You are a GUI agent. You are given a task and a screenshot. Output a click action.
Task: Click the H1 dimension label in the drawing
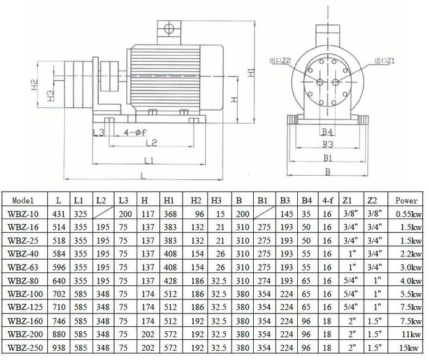tap(251, 73)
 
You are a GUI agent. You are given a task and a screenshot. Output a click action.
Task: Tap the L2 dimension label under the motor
tap(151, 143)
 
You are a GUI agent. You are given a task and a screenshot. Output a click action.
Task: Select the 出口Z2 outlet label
tap(279, 61)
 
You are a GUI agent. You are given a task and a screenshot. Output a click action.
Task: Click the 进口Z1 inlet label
tap(382, 61)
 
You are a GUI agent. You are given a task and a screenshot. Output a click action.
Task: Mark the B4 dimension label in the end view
tap(327, 132)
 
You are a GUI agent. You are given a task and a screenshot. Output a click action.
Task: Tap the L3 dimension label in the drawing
tap(99, 133)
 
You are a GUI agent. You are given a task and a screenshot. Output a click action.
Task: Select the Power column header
tap(406, 200)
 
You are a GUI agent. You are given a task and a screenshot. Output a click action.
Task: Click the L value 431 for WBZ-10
tap(58, 213)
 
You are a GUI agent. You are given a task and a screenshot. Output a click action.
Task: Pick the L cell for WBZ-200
tap(58, 335)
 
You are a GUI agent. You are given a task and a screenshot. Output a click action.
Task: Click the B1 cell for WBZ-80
tap(262, 280)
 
